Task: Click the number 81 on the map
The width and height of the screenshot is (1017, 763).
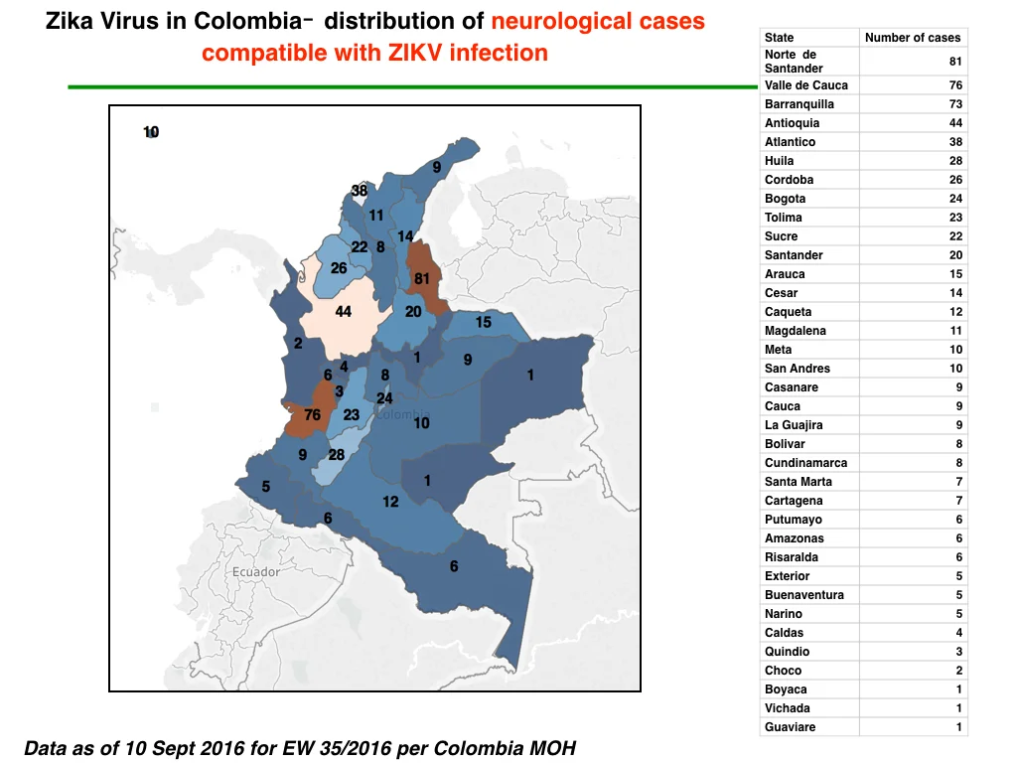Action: (421, 278)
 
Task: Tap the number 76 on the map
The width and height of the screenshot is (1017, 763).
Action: (312, 414)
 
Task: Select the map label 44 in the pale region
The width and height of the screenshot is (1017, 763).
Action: (343, 312)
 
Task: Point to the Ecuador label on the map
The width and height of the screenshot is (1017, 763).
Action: (256, 571)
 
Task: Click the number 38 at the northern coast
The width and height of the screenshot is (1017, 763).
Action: (360, 191)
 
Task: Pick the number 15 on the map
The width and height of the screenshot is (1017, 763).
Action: (484, 323)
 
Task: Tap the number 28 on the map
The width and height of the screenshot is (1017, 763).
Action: (336, 455)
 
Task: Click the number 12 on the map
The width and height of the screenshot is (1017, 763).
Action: (390, 502)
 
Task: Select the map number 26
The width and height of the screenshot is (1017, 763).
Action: (339, 268)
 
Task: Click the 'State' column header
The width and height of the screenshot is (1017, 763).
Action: (779, 38)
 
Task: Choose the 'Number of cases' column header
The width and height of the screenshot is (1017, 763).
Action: (913, 38)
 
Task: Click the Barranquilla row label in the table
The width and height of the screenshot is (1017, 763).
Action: (799, 103)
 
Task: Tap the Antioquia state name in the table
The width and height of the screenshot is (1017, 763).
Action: (792, 122)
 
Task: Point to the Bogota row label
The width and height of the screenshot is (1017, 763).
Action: (785, 199)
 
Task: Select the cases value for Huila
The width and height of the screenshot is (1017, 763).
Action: (955, 161)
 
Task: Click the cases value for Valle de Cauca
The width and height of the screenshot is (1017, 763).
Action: (955, 85)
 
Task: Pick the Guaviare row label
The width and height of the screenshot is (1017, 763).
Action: (790, 727)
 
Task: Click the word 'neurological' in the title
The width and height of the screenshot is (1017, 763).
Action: (552, 22)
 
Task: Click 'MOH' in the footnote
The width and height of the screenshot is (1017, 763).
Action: (552, 748)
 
